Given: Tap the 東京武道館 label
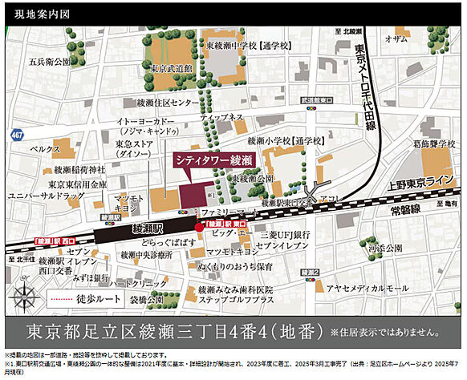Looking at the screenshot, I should (170, 70).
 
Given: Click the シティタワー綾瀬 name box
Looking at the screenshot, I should (214, 160).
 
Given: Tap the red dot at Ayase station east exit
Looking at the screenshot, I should (199, 227).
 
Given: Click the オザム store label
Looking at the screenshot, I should (397, 38).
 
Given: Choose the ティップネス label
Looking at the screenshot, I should (223, 117).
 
